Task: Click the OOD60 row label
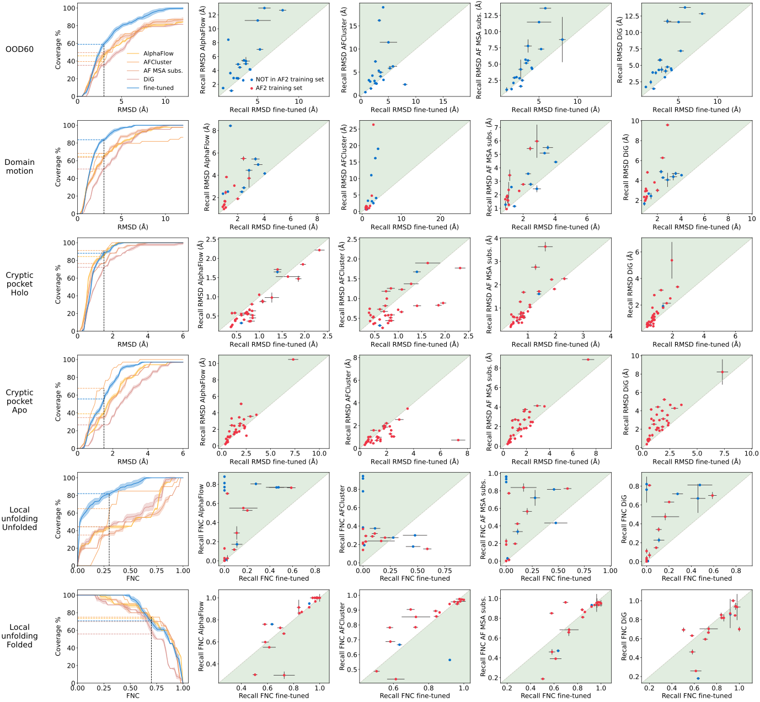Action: [x=19, y=49]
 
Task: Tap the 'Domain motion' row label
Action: [x=19, y=167]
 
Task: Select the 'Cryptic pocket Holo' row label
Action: [x=19, y=284]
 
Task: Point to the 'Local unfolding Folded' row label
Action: [x=19, y=636]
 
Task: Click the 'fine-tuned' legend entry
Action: [x=158, y=88]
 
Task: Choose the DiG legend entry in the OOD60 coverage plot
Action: [x=148, y=79]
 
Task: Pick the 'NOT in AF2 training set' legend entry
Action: [x=290, y=79]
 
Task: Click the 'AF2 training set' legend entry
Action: [x=279, y=88]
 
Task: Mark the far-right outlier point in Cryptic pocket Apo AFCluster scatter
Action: [x=458, y=440]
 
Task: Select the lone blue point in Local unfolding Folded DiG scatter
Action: [x=698, y=678]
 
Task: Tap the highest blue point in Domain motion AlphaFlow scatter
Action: [x=231, y=126]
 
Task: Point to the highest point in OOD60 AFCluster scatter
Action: [x=383, y=7]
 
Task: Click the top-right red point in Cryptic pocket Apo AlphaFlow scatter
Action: [x=292, y=360]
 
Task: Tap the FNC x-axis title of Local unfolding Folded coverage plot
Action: [x=132, y=696]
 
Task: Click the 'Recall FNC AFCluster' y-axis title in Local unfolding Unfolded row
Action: [x=344, y=519]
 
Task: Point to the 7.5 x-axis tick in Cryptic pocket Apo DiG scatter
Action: [x=724, y=454]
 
